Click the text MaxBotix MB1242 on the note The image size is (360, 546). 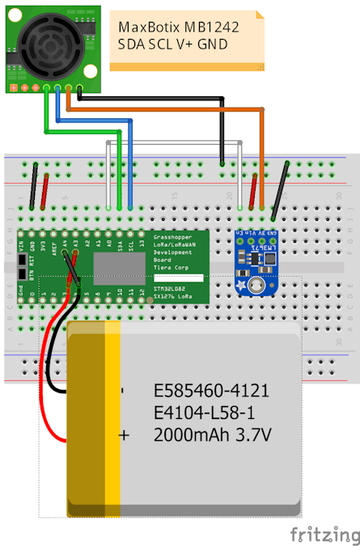(177, 28)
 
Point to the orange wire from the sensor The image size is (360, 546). (162, 106)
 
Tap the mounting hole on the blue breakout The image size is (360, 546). (257, 286)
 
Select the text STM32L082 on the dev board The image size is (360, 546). (172, 287)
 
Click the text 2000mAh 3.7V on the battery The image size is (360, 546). (212, 435)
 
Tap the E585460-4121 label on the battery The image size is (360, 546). (211, 392)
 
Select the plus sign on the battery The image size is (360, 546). (124, 435)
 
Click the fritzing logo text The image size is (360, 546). (325, 535)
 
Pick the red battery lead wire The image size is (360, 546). (49, 380)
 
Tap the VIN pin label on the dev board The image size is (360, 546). (22, 243)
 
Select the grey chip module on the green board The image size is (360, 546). (118, 268)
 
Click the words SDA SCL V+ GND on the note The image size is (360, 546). (172, 44)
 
